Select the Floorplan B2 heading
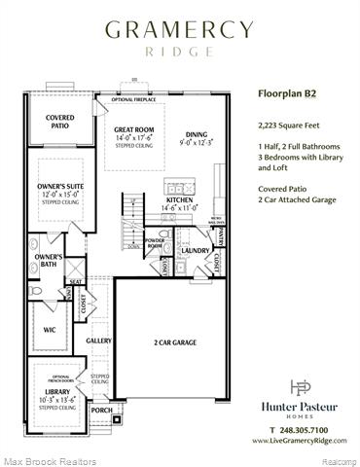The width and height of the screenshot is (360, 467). [x=287, y=95]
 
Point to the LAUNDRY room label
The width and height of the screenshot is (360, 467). [x=196, y=250]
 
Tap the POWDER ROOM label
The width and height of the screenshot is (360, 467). [x=154, y=243]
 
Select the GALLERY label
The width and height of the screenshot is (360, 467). [x=98, y=341]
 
